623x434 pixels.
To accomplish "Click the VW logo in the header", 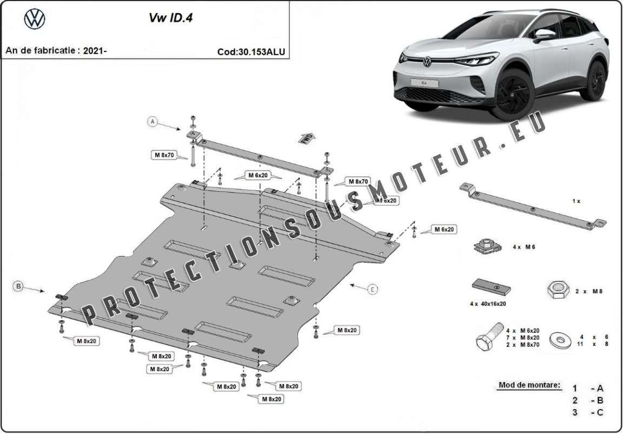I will (x=35, y=19).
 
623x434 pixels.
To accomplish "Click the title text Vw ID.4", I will (x=163, y=18).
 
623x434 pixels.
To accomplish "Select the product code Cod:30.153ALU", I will (x=251, y=52).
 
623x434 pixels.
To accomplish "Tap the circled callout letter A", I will (x=153, y=122).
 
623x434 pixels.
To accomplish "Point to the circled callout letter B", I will (x=18, y=286).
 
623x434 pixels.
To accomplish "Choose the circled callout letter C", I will (x=373, y=290).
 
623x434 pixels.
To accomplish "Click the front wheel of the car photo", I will (x=511, y=93).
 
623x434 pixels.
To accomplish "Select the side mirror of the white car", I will (x=544, y=34).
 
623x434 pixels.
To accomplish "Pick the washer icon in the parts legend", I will (x=561, y=340).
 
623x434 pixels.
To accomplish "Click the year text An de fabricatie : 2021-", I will (x=56, y=51).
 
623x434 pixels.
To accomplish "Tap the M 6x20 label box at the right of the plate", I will (x=444, y=229).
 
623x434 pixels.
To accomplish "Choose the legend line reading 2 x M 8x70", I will (x=522, y=345).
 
